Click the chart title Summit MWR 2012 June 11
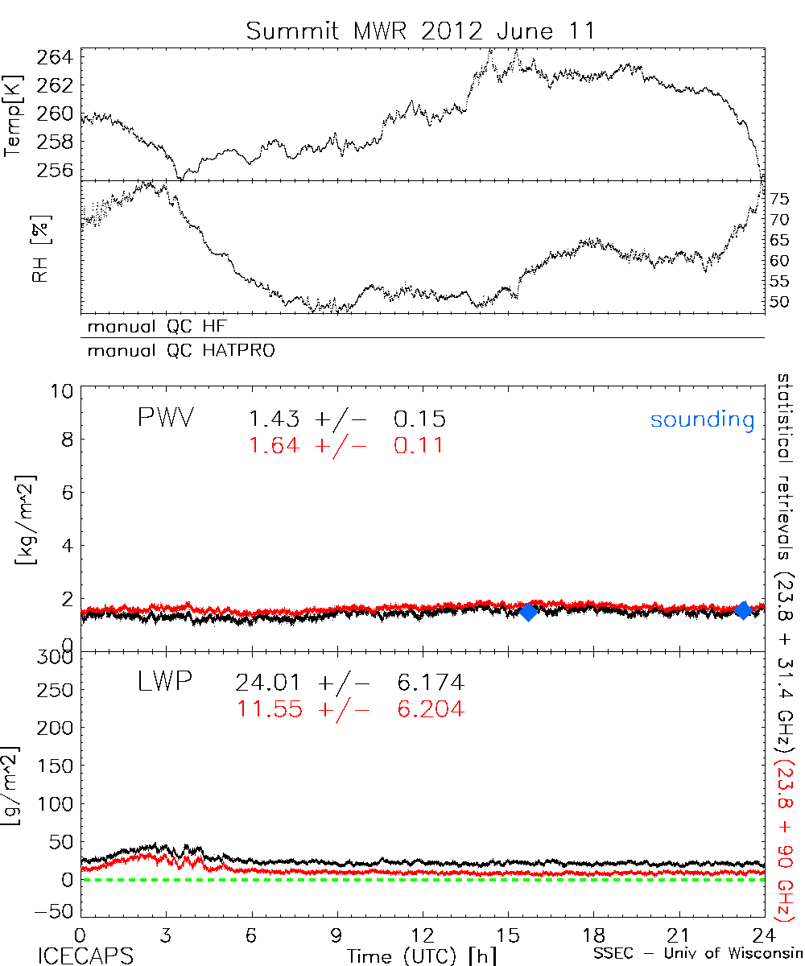click(421, 31)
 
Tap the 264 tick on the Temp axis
click(56, 57)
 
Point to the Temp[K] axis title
click(14, 115)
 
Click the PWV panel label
click(168, 419)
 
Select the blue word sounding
click(702, 419)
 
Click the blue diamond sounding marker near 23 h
click(743, 610)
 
